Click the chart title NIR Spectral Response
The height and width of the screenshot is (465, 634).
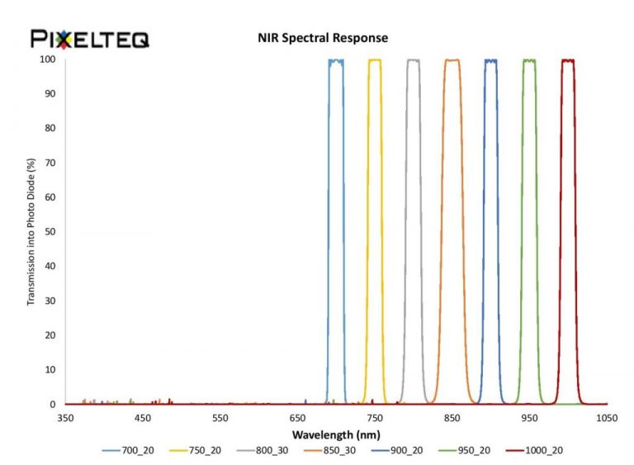(x=323, y=38)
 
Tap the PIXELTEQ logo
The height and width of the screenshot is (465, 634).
(x=90, y=38)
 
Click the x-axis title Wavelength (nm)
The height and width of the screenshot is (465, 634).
(x=336, y=434)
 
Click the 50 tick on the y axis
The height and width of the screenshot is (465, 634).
(x=50, y=232)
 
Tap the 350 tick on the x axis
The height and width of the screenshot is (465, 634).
(x=65, y=418)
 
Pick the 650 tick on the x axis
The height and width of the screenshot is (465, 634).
(x=298, y=418)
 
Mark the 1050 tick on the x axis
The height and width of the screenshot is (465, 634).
(x=608, y=418)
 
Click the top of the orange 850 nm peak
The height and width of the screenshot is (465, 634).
(x=452, y=59)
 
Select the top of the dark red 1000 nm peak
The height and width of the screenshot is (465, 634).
(x=568, y=59)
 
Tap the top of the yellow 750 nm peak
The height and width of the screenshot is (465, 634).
(x=375, y=59)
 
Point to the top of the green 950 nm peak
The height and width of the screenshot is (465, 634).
(x=529, y=59)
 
